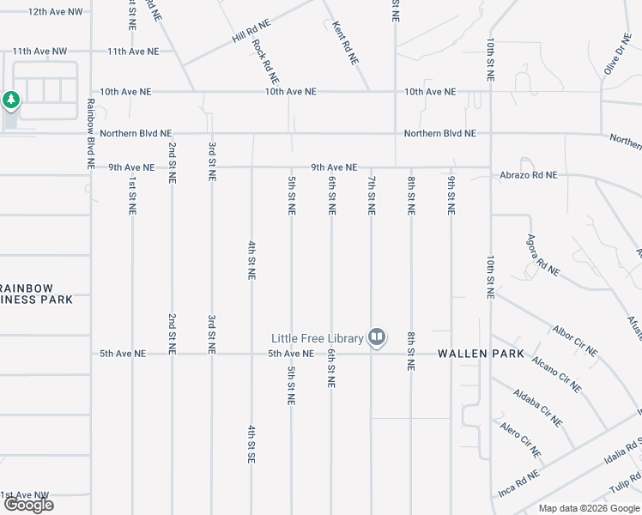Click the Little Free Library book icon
(x=376, y=337)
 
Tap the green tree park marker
(x=10, y=100)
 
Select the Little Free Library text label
(x=318, y=337)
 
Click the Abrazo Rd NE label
(x=529, y=175)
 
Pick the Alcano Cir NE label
(x=556, y=373)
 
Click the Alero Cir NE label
(x=520, y=439)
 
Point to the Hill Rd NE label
(x=250, y=35)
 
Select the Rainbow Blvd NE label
(x=89, y=132)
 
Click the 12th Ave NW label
(x=55, y=12)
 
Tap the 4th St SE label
(x=251, y=445)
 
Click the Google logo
(x=28, y=505)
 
